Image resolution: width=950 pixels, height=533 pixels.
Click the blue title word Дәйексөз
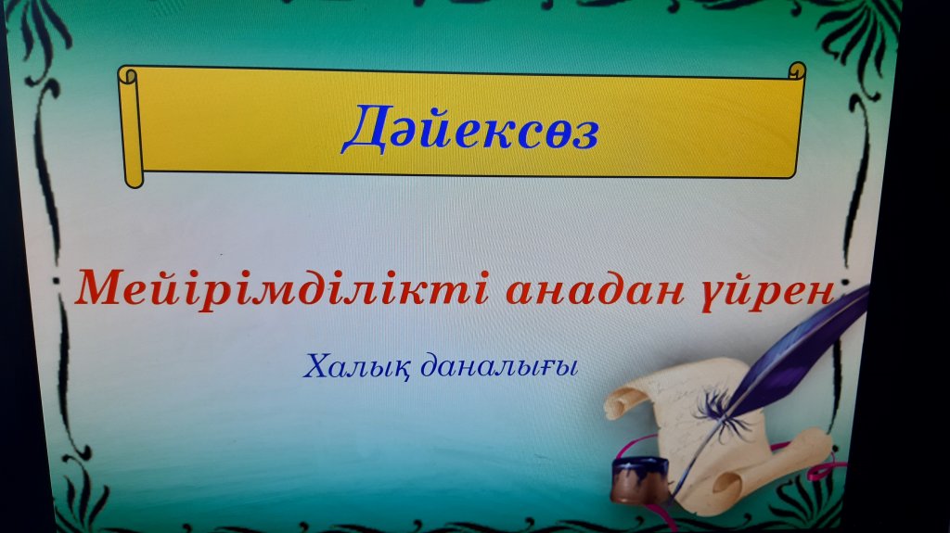470,129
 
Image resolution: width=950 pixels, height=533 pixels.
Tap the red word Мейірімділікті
282,289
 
